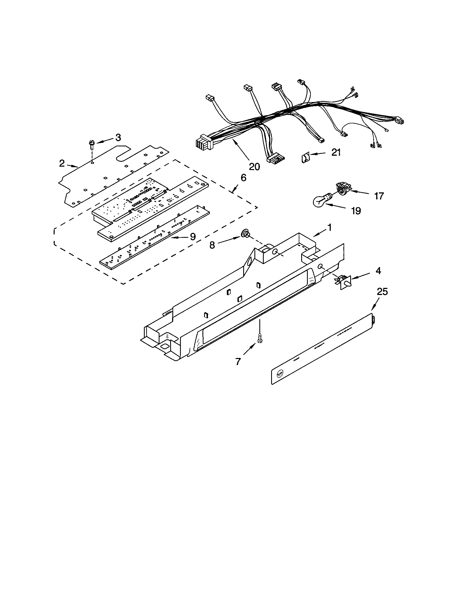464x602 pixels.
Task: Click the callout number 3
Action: point(118,137)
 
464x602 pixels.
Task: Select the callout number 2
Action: point(62,163)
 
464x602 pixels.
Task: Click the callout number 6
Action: point(243,178)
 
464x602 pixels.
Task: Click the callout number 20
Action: point(254,166)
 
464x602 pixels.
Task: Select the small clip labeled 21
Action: point(305,158)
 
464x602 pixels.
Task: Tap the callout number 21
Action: point(336,152)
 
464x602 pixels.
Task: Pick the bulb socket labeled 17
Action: point(343,189)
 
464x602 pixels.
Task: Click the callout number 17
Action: point(379,196)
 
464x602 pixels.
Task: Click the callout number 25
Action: point(382,291)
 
